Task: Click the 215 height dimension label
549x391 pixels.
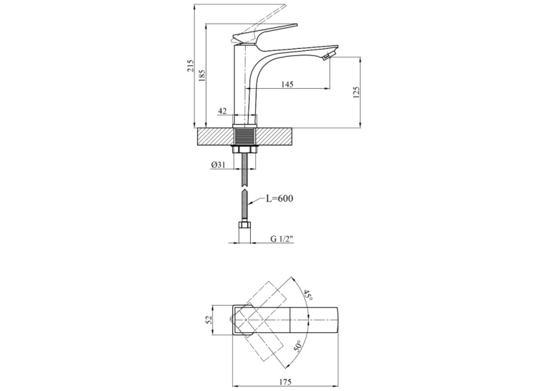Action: (x=191, y=65)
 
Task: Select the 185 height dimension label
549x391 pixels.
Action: (x=201, y=75)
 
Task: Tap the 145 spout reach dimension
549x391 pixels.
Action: (x=287, y=84)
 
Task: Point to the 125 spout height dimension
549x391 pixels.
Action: (x=356, y=93)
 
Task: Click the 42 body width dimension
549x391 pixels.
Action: (x=222, y=111)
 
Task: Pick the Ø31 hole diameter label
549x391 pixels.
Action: (x=218, y=165)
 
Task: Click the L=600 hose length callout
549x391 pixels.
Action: (x=280, y=199)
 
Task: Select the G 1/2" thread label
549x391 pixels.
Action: (x=282, y=239)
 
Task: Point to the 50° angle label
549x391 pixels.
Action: (x=297, y=346)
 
